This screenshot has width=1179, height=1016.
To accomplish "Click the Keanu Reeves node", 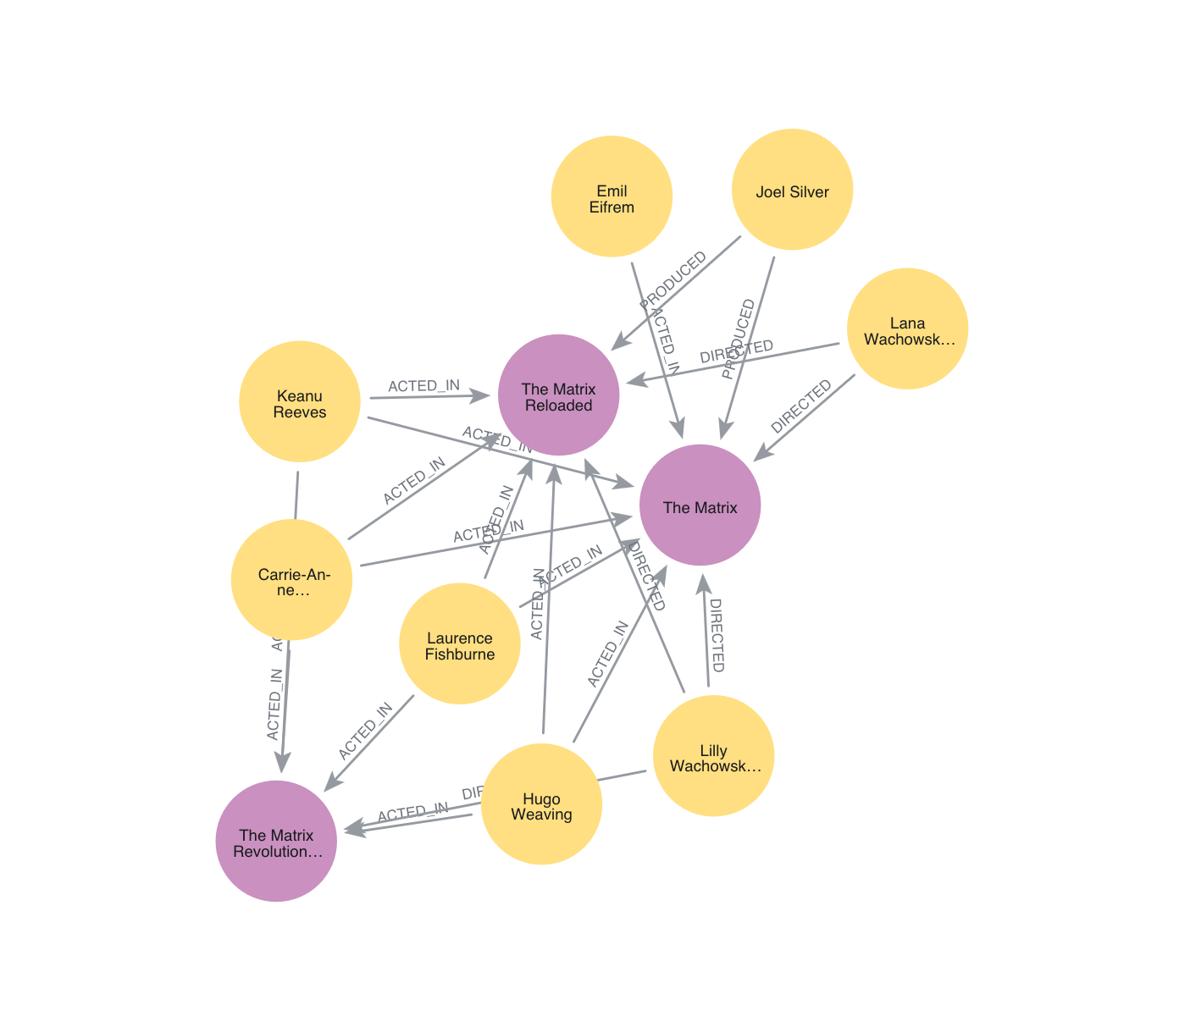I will point(300,402).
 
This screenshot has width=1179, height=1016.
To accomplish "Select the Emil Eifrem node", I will point(612,196).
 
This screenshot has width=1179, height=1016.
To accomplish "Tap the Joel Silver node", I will point(793,190).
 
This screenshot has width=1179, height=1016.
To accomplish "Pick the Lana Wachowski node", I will point(907,329).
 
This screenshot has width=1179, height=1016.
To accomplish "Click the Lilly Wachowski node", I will point(714,756).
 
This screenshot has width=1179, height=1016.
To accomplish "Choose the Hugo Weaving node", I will point(541,804).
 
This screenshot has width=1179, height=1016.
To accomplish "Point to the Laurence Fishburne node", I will point(460,643).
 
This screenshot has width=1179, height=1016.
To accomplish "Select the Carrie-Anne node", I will point(292,580).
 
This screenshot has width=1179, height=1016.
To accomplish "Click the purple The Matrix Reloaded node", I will point(559,395).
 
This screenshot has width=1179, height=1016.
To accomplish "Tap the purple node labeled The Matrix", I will point(700,505).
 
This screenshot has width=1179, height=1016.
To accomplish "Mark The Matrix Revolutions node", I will point(276,841).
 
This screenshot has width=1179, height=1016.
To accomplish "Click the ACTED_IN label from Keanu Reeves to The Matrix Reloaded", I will point(423,387).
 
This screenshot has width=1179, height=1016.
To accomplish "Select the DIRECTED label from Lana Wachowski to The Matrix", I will point(801,407).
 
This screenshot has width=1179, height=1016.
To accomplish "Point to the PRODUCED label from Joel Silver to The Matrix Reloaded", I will point(673,280).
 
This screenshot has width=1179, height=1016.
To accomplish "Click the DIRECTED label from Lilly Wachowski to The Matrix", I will point(717,635).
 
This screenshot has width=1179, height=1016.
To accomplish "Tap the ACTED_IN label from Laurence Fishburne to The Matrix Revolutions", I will point(365,731).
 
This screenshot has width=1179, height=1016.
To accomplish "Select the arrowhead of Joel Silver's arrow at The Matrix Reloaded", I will point(619,340).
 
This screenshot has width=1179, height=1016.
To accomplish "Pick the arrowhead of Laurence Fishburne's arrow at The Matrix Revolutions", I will point(331,784).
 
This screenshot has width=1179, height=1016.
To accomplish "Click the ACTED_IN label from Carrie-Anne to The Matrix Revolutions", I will point(274,704).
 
